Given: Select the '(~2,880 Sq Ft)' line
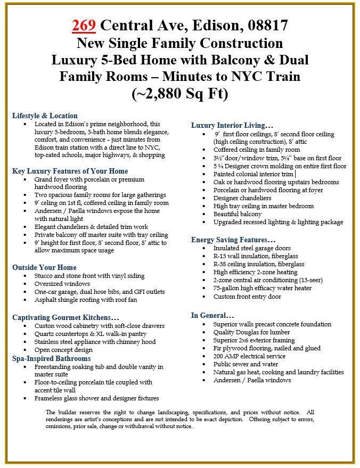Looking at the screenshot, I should (x=179, y=94).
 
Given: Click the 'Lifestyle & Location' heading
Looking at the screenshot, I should (x=45, y=116).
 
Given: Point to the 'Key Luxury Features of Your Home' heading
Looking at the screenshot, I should (x=70, y=171).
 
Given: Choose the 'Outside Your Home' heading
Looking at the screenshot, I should (x=44, y=267).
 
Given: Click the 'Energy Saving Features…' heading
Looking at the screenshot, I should (x=233, y=240).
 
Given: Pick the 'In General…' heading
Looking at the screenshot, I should (x=212, y=315).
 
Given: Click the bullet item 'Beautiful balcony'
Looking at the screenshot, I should (x=238, y=214).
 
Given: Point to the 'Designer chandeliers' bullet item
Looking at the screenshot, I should (x=241, y=198).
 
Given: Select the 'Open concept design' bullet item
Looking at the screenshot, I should (x=63, y=350).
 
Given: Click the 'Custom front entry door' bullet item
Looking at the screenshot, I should (x=247, y=297).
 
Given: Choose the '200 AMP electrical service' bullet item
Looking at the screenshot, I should (x=249, y=356).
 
